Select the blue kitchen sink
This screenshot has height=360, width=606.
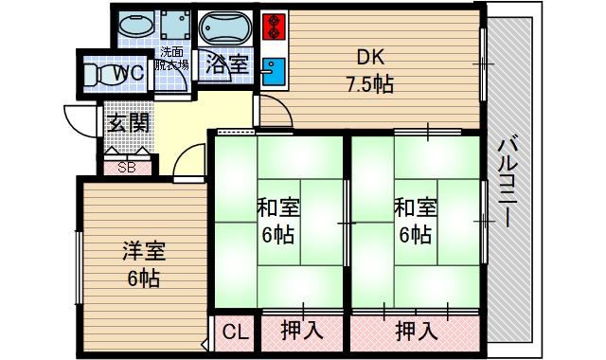pos(274,70)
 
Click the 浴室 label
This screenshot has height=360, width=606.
pos(227,66)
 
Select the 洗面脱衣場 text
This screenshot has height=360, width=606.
pos(173,59)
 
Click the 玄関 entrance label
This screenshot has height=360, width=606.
pos(126,123)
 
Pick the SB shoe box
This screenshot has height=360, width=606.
pos(126,167)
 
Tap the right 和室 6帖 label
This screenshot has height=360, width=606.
pos(415,220)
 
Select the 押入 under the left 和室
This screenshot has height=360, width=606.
pos(302,332)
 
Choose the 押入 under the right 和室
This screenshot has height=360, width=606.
pos(417,332)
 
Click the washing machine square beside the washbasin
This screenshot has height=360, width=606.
pos(173,24)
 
